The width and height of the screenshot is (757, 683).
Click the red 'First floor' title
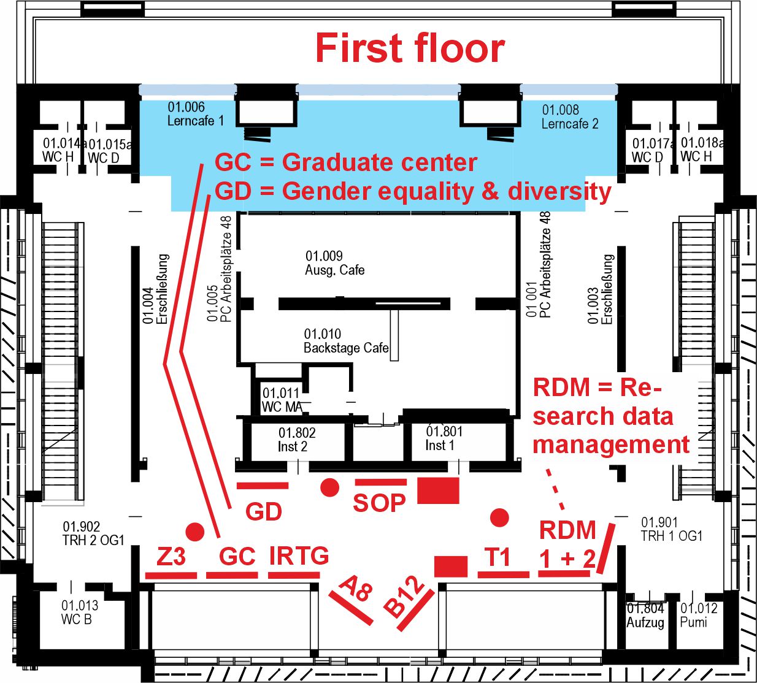[410, 48]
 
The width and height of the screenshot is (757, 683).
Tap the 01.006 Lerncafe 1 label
[196, 114]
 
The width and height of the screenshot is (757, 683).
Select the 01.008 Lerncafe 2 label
[570, 116]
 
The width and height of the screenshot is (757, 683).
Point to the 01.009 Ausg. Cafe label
[335, 263]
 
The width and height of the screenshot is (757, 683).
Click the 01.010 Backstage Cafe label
[346, 341]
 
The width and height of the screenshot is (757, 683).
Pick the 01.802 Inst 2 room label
[297, 440]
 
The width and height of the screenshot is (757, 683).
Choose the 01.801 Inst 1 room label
[444, 438]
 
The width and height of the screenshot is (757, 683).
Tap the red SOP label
[379, 503]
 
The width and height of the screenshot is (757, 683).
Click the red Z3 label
[171, 556]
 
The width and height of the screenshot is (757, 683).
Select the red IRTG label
[299, 555]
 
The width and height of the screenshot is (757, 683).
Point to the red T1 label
[498, 557]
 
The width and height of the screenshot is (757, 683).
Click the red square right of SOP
[438, 490]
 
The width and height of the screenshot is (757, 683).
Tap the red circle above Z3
[194, 532]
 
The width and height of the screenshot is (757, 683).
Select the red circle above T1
[499, 517]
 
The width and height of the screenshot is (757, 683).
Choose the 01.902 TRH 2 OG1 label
[93, 533]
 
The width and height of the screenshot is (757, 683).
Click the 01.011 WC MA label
[282, 400]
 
